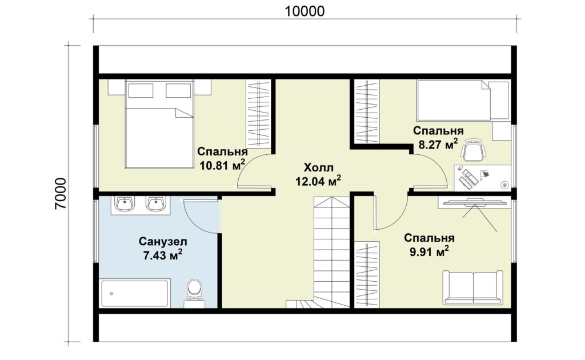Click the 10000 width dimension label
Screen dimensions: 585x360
pos(304,11)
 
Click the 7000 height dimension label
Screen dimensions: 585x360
pos(61,193)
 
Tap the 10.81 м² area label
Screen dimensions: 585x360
pos(222,165)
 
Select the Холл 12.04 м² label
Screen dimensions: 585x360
pos(318,174)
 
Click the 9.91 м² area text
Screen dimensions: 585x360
pos(429,251)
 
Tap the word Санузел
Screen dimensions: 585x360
pos(163,241)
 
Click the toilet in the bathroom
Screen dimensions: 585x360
pos(194,294)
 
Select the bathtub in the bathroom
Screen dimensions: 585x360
pos(135,293)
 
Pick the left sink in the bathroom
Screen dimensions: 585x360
pos(125,203)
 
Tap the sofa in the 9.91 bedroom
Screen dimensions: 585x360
pos(472,288)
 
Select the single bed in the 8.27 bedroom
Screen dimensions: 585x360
pos(463,101)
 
